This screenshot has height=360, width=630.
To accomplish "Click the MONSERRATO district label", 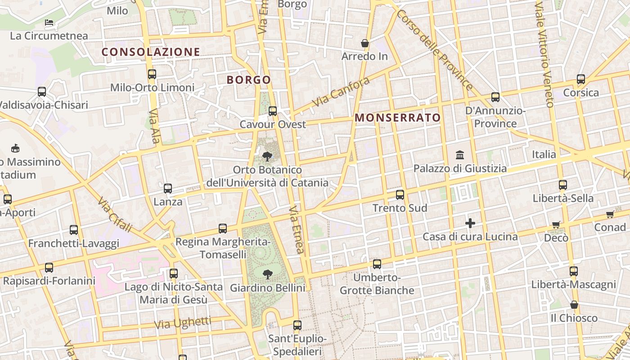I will (398, 118).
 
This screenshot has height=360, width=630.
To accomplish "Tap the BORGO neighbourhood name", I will (249, 80).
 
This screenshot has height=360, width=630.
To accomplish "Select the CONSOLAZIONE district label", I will (151, 52).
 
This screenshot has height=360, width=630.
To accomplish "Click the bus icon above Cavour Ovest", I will (273, 111).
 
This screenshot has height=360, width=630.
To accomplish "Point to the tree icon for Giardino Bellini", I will (268, 274).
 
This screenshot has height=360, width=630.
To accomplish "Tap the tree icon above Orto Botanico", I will (267, 157).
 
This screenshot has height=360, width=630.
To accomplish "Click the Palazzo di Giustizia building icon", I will (460, 155).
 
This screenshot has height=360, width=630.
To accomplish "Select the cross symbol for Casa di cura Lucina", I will (470, 223).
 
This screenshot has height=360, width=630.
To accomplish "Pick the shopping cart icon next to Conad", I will (610, 215).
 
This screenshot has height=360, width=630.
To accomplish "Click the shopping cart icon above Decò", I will (556, 225).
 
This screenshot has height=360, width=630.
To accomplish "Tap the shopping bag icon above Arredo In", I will (365, 43).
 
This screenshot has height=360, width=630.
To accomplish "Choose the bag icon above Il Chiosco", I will (574, 305).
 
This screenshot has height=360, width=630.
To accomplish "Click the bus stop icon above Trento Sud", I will (400, 195).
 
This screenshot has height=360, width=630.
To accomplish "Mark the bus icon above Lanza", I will (168, 189).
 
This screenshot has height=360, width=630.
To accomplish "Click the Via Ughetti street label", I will (182, 323).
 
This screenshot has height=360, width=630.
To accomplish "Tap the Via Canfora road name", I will (341, 92).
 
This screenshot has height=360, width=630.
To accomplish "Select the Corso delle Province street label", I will (434, 49).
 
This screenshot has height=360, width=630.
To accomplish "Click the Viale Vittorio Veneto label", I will (544, 54).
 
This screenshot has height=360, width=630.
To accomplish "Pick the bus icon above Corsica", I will (581, 79).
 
